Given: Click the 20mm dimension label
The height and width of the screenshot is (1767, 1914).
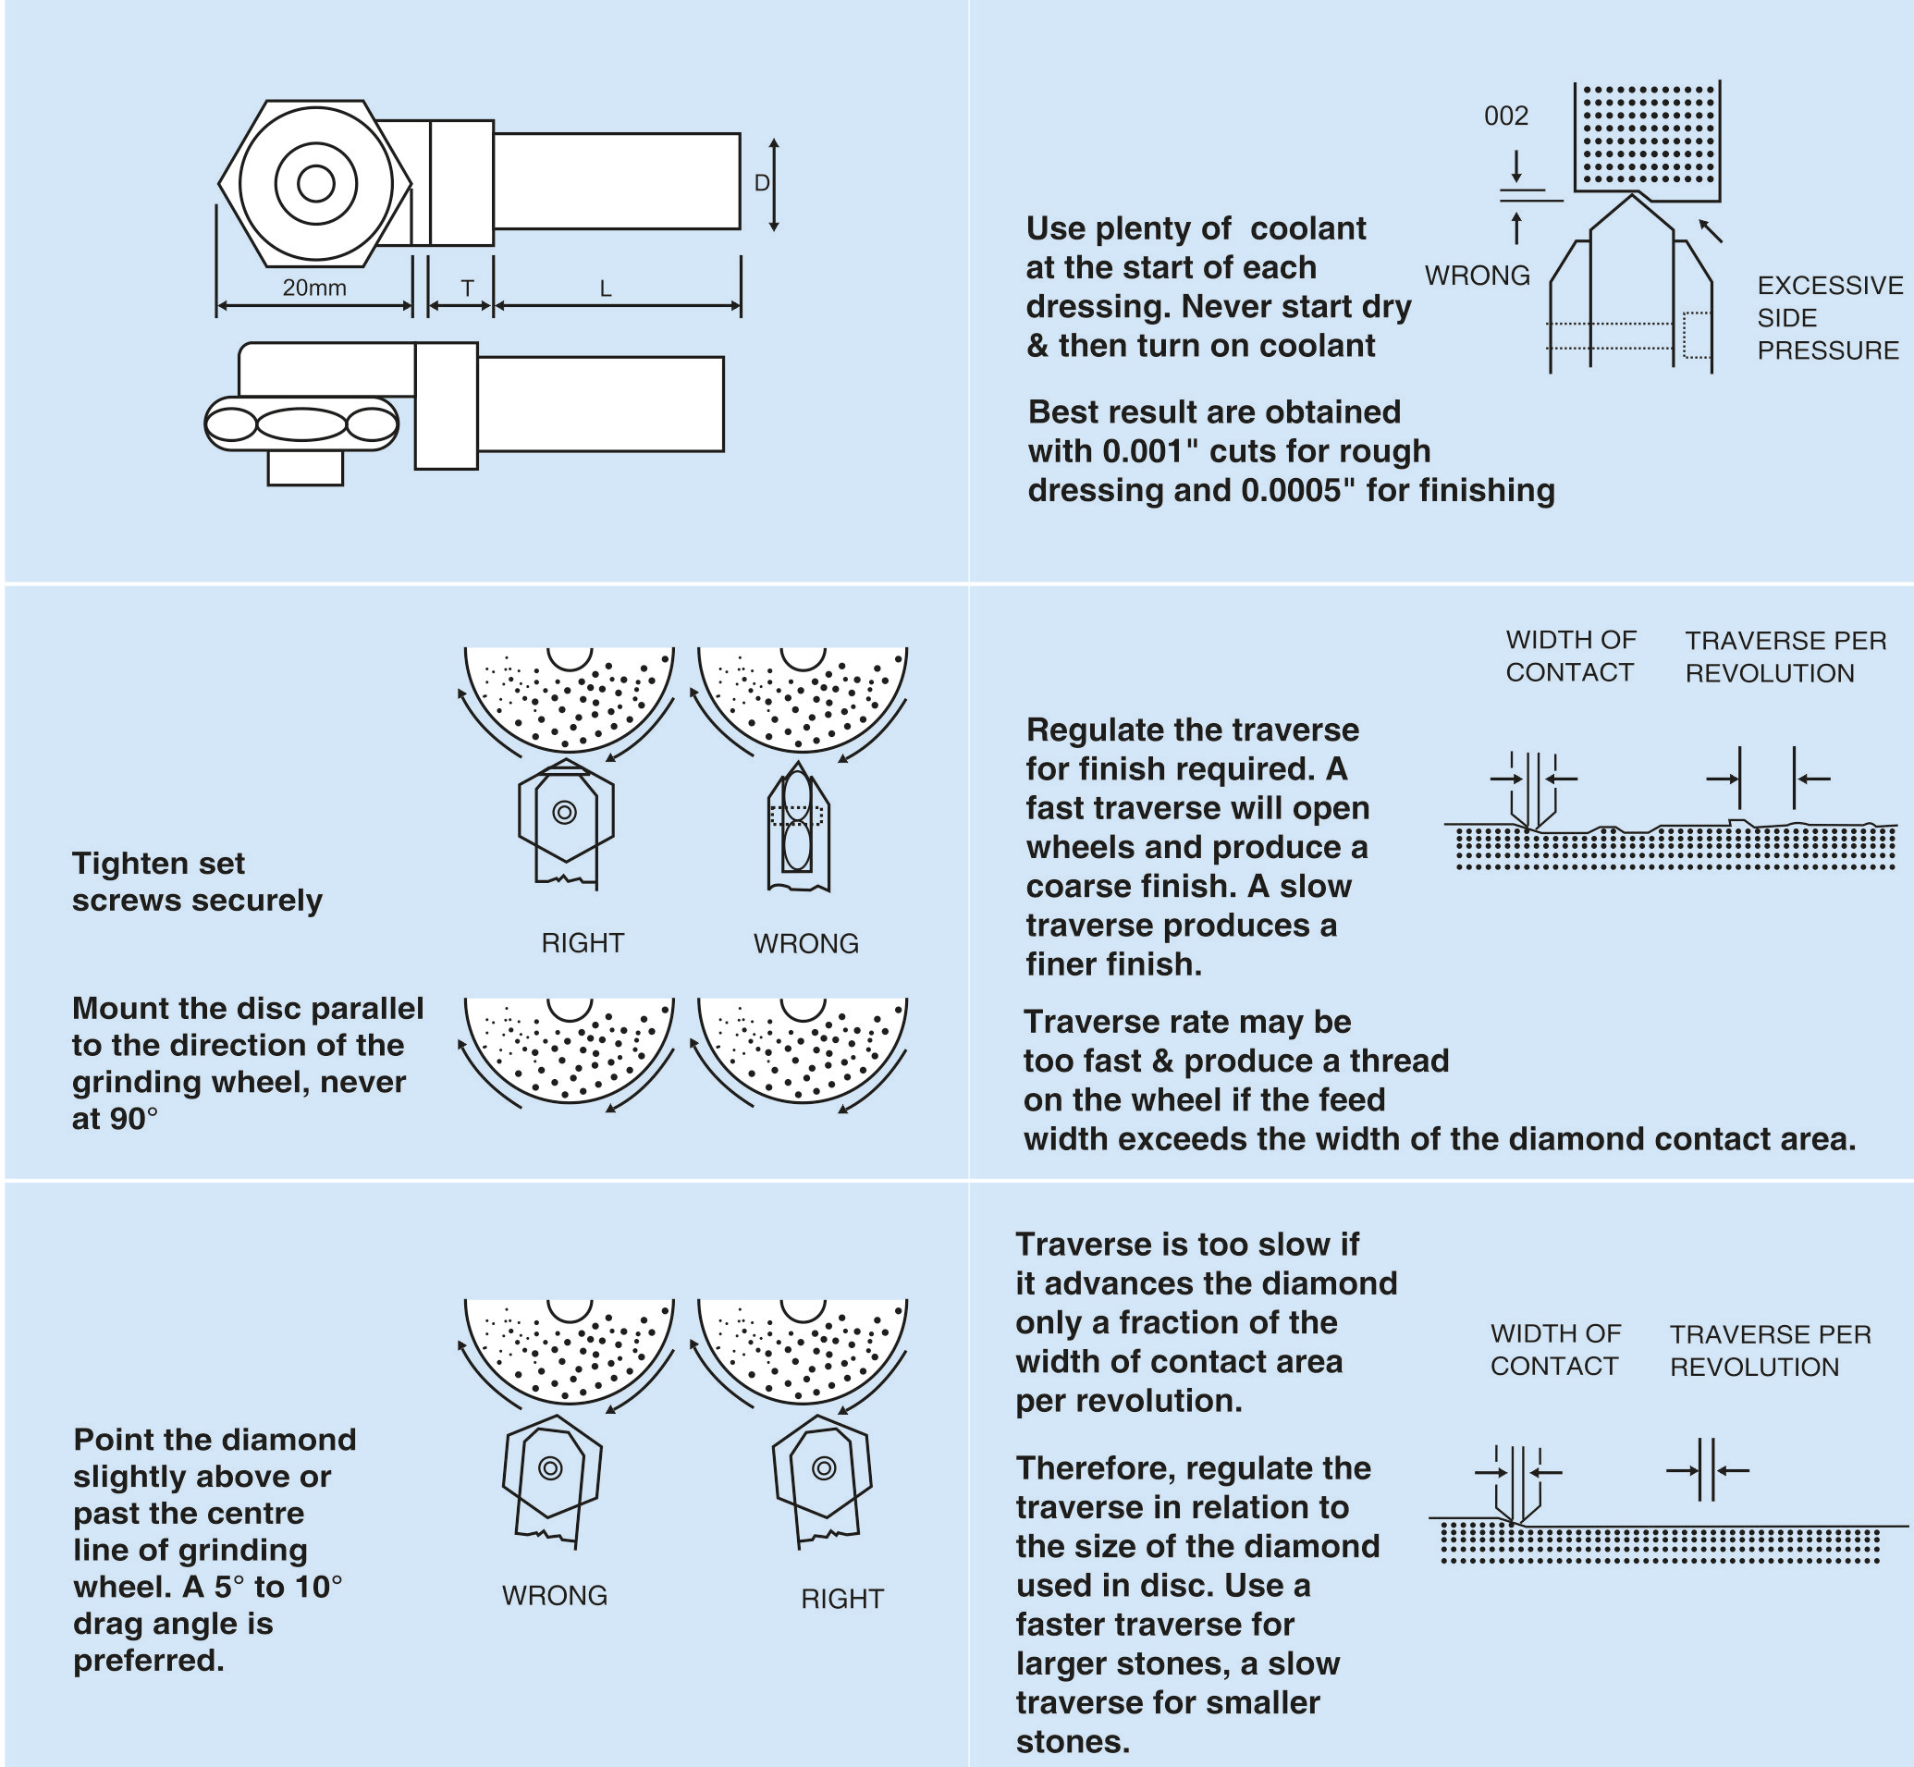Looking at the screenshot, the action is point(314,287).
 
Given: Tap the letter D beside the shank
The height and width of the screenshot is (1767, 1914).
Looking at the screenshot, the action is point(762,183).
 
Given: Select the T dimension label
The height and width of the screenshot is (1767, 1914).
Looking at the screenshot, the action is point(467,288).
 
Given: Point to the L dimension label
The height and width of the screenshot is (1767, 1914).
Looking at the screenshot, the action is point(606,288).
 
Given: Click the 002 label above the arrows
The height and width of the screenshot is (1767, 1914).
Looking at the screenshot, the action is point(1505,116).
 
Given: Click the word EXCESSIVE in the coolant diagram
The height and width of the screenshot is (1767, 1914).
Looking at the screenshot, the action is point(1830,285).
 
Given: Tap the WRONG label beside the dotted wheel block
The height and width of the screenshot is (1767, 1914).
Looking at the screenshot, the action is point(1477,276).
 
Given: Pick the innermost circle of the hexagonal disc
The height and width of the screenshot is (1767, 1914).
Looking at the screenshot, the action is point(315,183).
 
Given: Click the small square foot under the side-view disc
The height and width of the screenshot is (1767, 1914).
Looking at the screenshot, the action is point(305,468).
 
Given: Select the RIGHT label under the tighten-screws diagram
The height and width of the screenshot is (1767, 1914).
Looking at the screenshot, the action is point(583,943).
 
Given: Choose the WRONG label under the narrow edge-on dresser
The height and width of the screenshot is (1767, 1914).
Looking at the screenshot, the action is point(806,944).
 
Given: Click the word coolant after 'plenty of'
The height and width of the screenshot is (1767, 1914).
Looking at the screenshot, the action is point(1307,228).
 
